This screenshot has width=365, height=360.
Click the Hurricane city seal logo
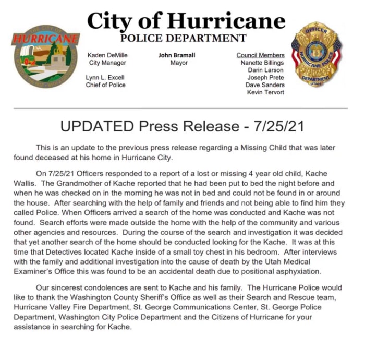(46, 56)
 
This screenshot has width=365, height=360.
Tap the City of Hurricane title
(186, 21)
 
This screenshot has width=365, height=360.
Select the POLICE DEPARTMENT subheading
(183, 39)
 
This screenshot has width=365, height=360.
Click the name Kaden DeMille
(107, 55)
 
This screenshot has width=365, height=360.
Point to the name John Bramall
(179, 55)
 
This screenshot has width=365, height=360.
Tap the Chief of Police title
(105, 85)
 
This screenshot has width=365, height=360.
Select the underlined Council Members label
(260, 55)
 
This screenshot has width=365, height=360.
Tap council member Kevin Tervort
(265, 92)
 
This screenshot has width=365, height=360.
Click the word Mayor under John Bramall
(179, 63)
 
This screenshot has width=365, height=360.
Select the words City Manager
(107, 63)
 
